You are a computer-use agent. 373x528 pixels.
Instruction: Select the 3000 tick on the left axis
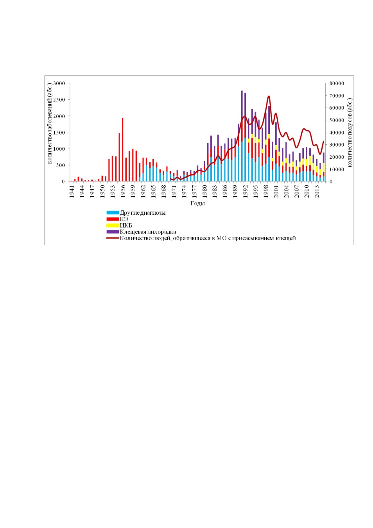click(x=59, y=83)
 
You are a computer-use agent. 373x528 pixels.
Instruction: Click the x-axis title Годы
click(x=197, y=203)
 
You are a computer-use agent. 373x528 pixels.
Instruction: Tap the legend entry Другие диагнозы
click(x=143, y=213)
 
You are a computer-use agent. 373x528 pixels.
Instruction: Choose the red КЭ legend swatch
click(x=113, y=219)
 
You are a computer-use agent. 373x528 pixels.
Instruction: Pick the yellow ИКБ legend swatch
click(x=113, y=225)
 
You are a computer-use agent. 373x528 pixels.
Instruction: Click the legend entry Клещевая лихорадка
click(x=148, y=232)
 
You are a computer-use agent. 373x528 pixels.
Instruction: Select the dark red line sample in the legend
click(x=113, y=238)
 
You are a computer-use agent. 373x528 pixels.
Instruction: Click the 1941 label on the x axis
click(x=72, y=192)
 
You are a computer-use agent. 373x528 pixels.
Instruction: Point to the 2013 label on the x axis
click(x=317, y=192)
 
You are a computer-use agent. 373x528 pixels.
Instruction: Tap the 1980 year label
click(x=205, y=192)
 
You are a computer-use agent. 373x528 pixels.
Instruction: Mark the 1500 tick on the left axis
click(x=59, y=133)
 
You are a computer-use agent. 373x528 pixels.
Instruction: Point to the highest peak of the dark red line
click(x=269, y=96)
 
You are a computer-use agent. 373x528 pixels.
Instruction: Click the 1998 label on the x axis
click(x=266, y=192)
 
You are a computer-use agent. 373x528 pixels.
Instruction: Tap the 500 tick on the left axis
click(x=61, y=165)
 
